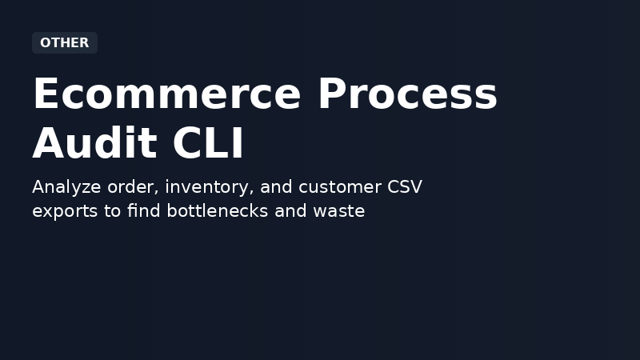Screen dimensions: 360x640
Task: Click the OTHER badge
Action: [64, 43]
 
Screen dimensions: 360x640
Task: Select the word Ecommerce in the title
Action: [166, 94]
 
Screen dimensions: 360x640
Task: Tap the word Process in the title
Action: [407, 94]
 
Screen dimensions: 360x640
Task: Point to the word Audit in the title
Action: [94, 144]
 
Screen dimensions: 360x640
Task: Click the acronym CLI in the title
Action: [208, 144]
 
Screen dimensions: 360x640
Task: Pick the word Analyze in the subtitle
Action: [66, 187]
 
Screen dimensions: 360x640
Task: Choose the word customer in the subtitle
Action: [338, 187]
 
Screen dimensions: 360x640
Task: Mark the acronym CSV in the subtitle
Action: [403, 187]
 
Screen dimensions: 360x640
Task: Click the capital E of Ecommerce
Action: [46, 94]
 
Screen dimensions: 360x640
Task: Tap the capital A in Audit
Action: [49, 144]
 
